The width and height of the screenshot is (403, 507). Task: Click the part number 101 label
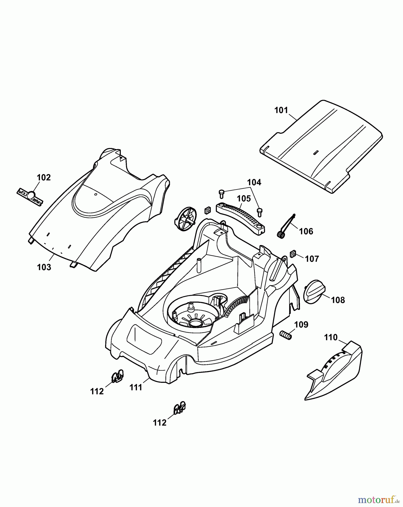pos(281,110)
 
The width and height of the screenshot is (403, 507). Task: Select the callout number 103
pos(44,267)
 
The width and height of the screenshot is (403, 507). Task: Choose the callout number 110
pos(331,337)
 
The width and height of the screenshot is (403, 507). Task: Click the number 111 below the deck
pos(136,388)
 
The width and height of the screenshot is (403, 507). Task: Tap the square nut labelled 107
pos(293,254)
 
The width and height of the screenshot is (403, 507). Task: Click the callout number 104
pos(254,183)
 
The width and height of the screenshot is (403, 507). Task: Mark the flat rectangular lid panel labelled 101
pos(321,146)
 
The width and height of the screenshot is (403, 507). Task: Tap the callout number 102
pos(44,177)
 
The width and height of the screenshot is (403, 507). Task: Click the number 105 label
pos(244,199)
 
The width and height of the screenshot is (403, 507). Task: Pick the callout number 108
pos(338,300)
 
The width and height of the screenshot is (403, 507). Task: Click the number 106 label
pos(306,231)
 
